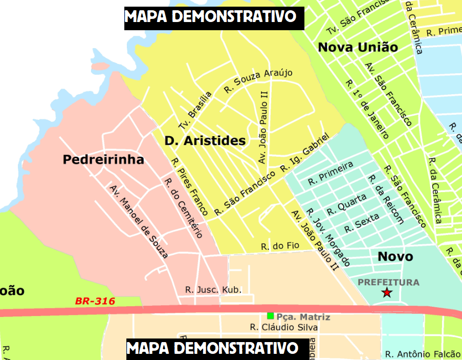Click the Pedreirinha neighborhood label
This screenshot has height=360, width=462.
coord(103,160)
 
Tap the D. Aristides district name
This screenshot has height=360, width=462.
coord(205,140)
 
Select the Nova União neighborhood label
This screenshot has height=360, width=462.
coord(358,47)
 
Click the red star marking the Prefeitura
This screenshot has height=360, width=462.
coord(387,292)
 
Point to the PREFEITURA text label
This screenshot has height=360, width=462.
coord(388,282)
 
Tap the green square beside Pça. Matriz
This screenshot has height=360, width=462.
coord(270,316)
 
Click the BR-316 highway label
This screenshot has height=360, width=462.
coord(95,301)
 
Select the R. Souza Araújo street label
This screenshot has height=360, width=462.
coord(258,80)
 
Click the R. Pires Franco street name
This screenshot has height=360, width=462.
coord(189,186)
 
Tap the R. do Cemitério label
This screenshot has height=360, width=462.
coord(183,208)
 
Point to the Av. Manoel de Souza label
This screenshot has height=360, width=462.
coord(139,221)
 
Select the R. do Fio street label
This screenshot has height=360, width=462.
coord(279,246)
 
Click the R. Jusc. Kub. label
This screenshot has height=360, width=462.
coord(213,290)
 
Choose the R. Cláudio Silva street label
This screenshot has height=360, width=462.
coord(283,327)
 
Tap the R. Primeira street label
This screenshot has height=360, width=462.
coord(331,173)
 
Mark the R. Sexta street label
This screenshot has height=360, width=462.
coord(362,223)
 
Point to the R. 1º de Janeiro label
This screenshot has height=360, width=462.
coord(366,109)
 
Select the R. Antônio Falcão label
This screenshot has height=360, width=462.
coord(423,354)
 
